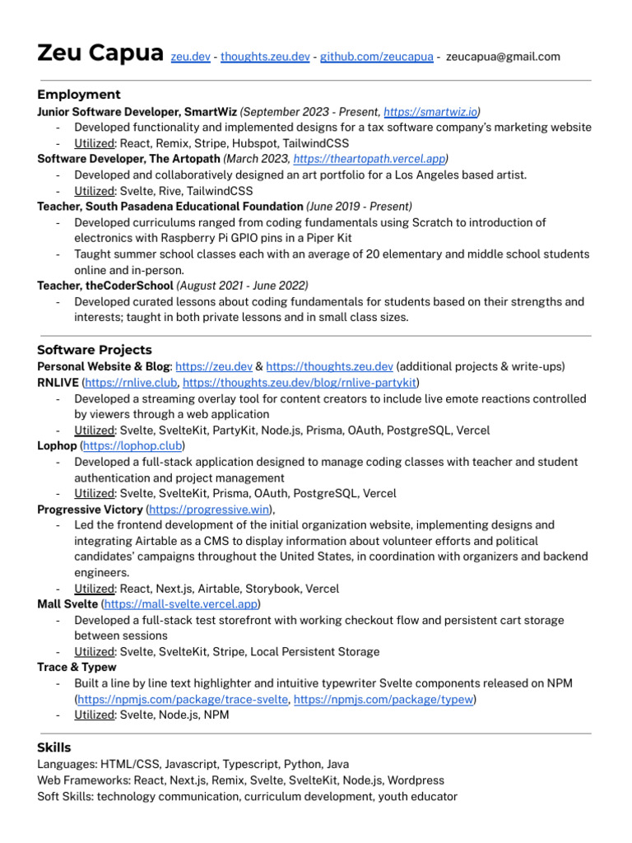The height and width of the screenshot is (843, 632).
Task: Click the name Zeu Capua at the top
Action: (99, 54)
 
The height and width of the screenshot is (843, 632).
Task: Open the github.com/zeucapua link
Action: (376, 57)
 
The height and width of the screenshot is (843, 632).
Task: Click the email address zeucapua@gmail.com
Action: (503, 57)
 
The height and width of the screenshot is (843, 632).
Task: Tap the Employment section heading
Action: (79, 95)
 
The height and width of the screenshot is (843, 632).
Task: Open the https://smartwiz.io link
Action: (430, 111)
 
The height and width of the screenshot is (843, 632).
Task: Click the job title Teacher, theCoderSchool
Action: (105, 286)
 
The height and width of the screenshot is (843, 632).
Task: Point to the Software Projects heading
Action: (95, 350)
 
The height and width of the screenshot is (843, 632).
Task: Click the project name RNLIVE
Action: (58, 383)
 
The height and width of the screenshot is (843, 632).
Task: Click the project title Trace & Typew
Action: (77, 668)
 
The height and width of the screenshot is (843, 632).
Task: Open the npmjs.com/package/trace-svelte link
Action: (182, 700)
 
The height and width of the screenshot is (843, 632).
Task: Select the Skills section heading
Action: (54, 748)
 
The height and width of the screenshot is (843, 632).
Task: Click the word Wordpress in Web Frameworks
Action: (416, 780)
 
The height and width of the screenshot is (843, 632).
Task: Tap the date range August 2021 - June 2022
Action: (243, 286)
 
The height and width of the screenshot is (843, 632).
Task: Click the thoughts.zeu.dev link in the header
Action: (265, 57)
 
